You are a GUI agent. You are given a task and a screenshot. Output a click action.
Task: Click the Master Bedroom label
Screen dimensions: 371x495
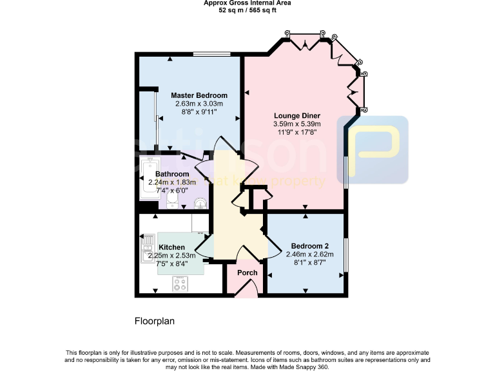point(199,96)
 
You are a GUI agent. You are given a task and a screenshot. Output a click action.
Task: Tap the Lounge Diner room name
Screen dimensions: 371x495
point(296,116)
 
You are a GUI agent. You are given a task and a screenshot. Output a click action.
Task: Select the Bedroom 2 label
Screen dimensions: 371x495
point(310,246)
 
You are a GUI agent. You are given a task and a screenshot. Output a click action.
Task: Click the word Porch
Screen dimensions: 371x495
point(247,272)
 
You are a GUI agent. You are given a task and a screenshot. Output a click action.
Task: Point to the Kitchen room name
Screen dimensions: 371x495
point(172,247)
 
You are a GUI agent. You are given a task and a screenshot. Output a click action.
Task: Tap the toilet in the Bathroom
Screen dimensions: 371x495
point(171,202)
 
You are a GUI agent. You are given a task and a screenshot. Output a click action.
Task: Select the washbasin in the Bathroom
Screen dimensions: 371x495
point(201,204)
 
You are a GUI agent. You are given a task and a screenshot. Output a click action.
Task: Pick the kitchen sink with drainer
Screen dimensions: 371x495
point(146,248)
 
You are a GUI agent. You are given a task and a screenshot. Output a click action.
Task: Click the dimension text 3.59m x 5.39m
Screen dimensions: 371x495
point(296,124)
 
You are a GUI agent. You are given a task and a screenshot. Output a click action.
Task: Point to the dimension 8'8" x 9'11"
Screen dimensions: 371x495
point(199,111)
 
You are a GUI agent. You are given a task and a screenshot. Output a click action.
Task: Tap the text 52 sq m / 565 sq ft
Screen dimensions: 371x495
point(247,10)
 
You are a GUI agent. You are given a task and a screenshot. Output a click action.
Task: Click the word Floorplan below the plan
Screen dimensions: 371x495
point(155,320)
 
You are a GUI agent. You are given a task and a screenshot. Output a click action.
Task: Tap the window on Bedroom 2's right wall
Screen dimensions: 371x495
point(345,255)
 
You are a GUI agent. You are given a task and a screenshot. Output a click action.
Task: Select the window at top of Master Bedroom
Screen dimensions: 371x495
point(211,54)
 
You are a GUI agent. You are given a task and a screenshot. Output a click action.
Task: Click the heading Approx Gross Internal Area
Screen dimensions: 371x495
point(247,3)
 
